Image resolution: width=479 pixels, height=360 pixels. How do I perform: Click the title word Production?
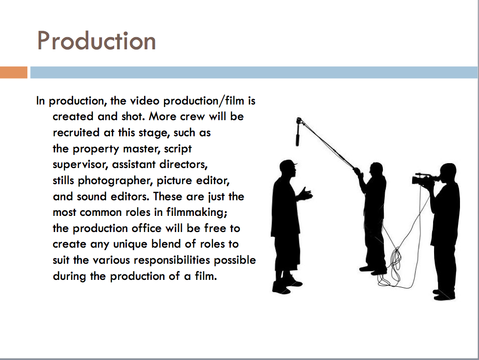(x=97, y=41)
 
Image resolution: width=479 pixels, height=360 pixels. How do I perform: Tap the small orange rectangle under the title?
(x=13, y=72)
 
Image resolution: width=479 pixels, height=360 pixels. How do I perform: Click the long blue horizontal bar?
(x=253, y=72)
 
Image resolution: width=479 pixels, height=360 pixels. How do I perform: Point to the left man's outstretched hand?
(x=307, y=194)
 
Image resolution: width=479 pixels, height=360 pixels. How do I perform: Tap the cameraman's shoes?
(x=444, y=295)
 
